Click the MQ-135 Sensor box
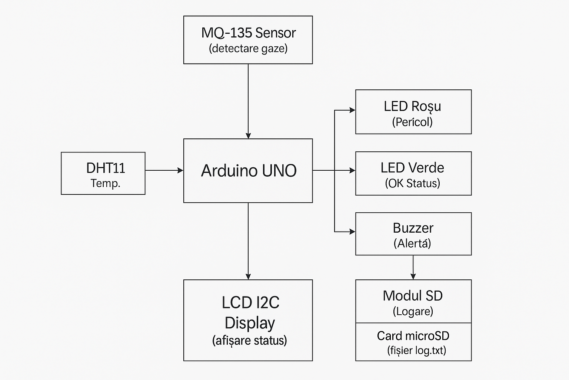pos(248,40)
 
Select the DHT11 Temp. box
pos(103,173)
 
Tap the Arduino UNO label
pos(249,171)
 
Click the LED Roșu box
pos(413,112)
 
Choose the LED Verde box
pos(413,173)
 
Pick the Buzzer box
pos(413,234)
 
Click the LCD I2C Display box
pos(248,320)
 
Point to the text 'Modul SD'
pos(413,296)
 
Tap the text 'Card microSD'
pos(413,336)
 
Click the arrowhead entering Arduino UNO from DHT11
pos(181,170)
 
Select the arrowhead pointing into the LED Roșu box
pos(352,110)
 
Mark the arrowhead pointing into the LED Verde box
pos(352,170)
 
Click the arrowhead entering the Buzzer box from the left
pos(352,232)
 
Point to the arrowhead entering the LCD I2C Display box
pos(248,276)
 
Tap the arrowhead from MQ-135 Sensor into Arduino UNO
pos(248,136)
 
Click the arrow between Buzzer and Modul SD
pos(413,267)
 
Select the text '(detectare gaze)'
pos(248,49)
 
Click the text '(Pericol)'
pos(412,122)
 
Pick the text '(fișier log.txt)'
pos(417,350)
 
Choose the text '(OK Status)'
pos(412,183)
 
